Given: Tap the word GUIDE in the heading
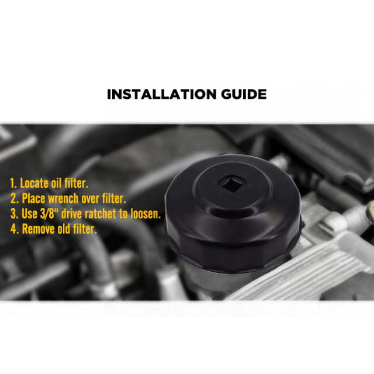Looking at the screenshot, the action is click(x=244, y=94).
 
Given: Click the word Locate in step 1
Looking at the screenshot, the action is click(x=34, y=183).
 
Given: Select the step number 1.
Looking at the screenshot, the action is click(x=13, y=183).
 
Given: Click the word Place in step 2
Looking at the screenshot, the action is click(x=33, y=199).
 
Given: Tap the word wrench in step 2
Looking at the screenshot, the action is click(x=63, y=199).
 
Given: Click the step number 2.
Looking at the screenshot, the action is click(x=14, y=199).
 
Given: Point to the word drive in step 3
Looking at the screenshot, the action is click(x=71, y=213).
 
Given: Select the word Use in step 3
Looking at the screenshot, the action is click(x=29, y=214).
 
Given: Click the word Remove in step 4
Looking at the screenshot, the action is click(x=39, y=229).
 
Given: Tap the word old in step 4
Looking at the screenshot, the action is click(x=64, y=228).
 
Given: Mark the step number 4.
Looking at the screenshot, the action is click(x=14, y=229).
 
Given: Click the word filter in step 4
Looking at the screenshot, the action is click(x=85, y=228).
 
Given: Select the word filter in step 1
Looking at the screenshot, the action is click(x=76, y=183).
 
